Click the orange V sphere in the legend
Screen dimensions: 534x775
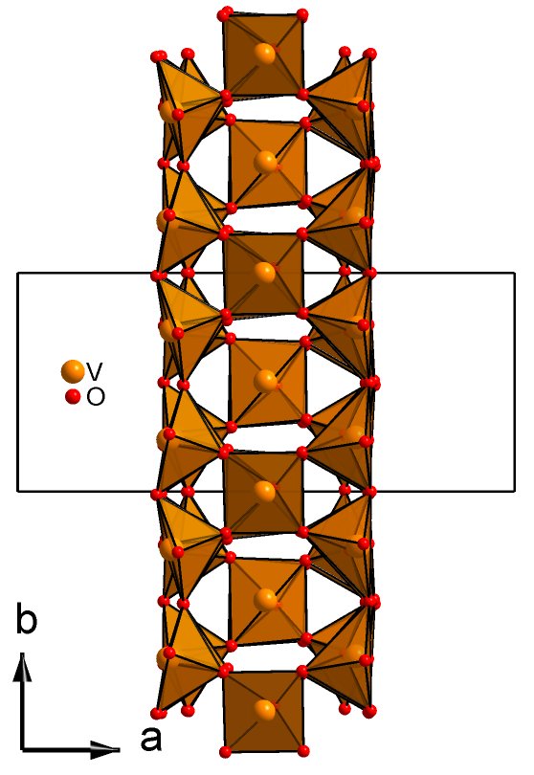72,371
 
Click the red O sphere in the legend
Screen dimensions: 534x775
73,396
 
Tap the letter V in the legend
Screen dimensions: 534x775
95,369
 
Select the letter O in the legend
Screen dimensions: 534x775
96,397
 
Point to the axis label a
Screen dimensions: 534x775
151,740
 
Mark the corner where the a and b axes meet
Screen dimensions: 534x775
23,750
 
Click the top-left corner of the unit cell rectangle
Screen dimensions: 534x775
18,273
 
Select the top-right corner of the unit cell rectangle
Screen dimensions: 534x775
515,273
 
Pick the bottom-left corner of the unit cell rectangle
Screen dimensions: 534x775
18,491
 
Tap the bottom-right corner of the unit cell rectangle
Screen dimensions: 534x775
515,491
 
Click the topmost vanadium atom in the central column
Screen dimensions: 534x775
265,54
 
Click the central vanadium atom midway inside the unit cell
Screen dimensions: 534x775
265,382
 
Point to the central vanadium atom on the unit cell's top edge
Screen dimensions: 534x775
265,273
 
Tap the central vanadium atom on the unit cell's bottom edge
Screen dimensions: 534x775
265,491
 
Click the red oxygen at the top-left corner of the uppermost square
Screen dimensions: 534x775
226,13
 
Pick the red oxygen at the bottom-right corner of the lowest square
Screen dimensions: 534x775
303,751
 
